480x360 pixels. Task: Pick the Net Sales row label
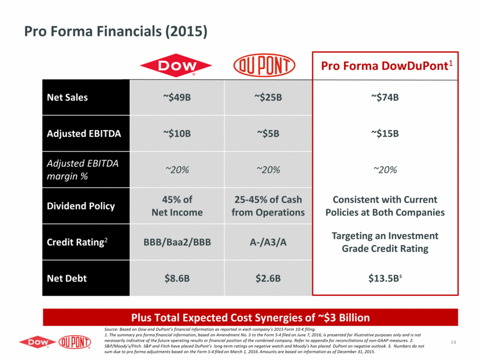point(68,97)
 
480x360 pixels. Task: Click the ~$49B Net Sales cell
point(177,97)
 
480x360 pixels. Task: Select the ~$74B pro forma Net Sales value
point(385,97)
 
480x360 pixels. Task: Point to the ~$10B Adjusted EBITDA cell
point(177,133)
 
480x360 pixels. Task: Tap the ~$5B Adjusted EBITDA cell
point(268,133)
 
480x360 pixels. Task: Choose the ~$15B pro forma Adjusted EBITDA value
point(385,133)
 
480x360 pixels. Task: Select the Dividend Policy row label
point(80,206)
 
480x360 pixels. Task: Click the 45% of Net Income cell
point(177,206)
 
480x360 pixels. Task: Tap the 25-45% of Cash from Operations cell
point(268,206)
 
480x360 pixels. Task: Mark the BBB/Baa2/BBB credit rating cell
point(177,242)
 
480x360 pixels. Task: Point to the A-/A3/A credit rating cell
point(268,242)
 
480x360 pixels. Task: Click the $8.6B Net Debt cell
point(177,278)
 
